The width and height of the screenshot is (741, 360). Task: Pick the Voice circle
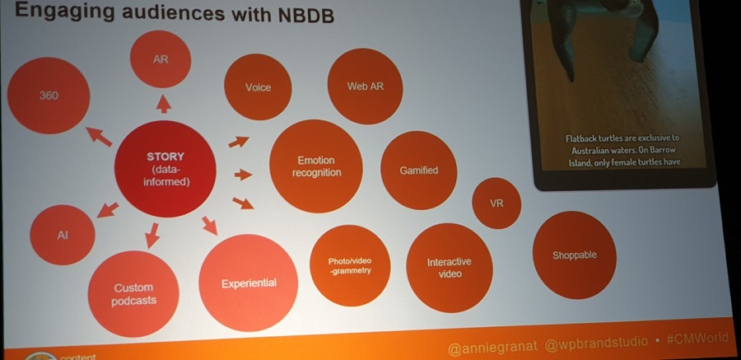257,86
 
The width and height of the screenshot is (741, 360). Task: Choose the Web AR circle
364,86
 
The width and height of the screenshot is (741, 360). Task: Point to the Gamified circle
418,170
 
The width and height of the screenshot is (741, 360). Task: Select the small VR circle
496,202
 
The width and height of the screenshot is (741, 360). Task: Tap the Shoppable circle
574,255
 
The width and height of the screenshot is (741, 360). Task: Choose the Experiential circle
248,283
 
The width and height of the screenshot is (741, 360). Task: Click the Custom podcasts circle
134,294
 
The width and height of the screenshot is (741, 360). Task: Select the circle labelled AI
63,235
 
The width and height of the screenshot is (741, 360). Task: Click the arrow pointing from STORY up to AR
164,103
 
